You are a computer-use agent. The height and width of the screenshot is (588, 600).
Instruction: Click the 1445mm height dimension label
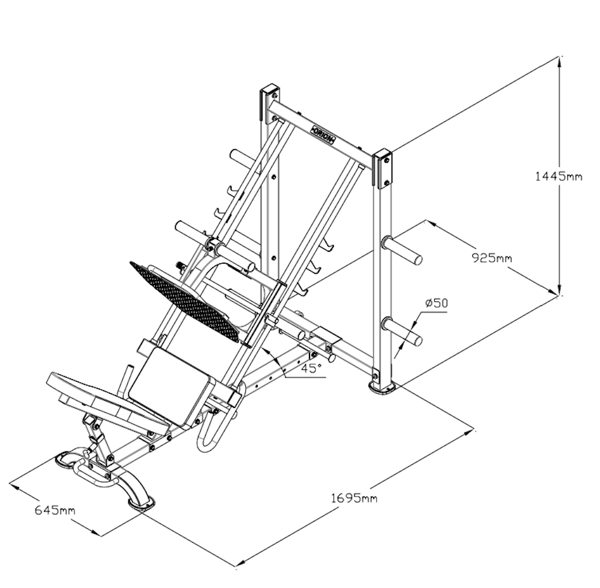[558, 176]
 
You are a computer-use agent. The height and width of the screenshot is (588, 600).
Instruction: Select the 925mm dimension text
[491, 258]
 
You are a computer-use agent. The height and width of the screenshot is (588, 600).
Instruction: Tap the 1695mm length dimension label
[354, 498]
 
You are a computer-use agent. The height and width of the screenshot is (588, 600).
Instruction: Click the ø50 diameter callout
[436, 303]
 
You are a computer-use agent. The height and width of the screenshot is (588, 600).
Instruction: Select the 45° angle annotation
[310, 368]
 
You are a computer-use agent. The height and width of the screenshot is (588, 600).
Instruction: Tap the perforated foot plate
[189, 299]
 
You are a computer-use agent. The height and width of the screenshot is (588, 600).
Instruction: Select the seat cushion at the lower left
[107, 400]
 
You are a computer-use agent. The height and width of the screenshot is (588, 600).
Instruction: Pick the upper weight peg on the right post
[403, 250]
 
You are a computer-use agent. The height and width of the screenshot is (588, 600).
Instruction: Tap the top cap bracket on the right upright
[383, 169]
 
